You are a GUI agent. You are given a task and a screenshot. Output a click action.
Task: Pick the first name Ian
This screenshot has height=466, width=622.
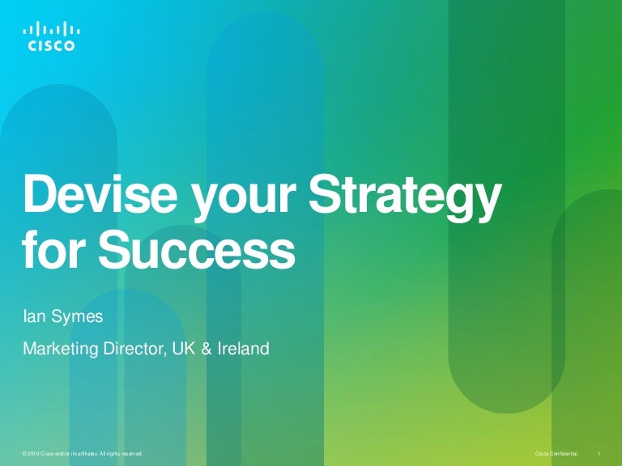click(x=36, y=316)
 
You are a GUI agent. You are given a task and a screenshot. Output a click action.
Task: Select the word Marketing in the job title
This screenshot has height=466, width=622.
click(x=60, y=350)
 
